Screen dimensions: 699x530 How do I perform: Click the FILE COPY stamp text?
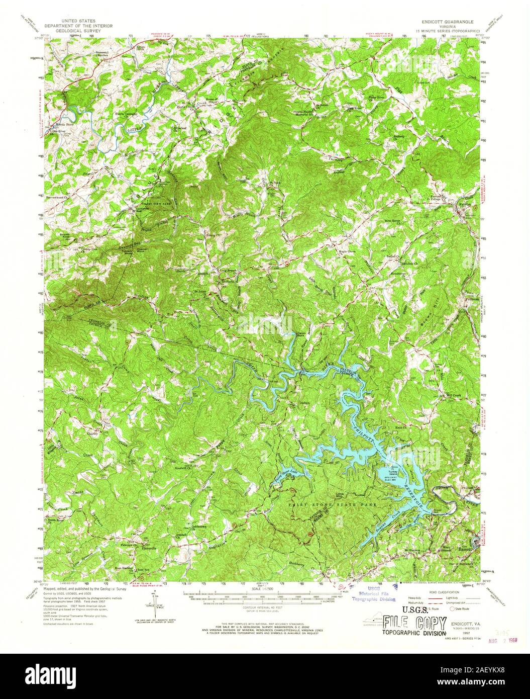[x=414, y=624]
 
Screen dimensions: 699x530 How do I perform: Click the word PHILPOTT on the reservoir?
[x=363, y=432]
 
